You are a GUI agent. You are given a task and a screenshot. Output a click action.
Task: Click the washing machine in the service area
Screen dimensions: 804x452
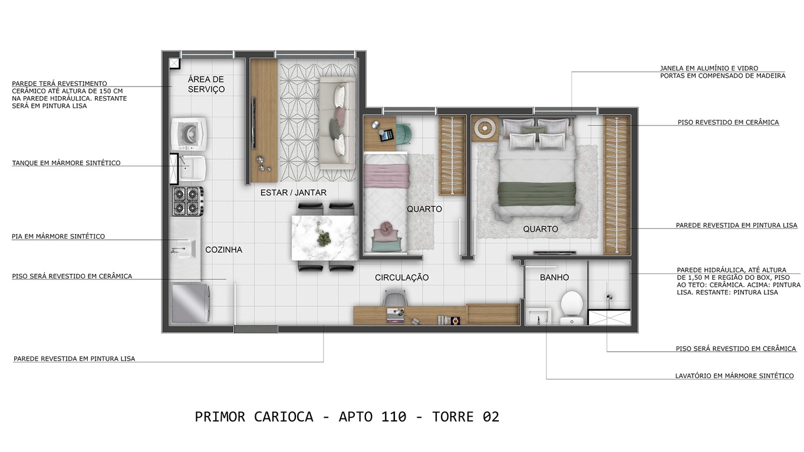189,134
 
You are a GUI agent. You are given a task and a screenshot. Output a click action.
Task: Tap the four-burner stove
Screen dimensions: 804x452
187,201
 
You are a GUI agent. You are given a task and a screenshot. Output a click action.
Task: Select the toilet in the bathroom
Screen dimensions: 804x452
571,308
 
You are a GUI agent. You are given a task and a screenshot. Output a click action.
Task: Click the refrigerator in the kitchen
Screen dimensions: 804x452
190,303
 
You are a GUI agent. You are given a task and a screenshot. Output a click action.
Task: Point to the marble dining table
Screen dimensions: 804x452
325,237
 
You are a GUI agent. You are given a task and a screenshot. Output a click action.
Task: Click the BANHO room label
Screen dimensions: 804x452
554,278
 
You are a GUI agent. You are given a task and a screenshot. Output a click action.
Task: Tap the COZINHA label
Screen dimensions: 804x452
223,250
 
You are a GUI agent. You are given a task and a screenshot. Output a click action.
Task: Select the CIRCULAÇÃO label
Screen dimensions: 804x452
401,278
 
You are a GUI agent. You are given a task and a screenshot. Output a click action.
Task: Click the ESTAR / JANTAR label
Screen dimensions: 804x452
293,193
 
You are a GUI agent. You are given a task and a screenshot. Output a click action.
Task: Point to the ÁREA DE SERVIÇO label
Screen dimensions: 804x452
206,84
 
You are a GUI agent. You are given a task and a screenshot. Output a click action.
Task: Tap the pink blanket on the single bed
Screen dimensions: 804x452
386,176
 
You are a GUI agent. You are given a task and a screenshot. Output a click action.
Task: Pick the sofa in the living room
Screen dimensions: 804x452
337,123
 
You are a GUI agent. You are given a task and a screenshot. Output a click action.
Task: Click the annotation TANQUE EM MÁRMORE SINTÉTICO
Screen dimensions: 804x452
66,163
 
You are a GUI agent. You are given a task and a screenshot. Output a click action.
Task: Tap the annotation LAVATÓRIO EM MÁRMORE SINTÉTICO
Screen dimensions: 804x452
734,376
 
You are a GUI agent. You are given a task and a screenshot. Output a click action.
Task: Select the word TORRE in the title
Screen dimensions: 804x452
453,417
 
